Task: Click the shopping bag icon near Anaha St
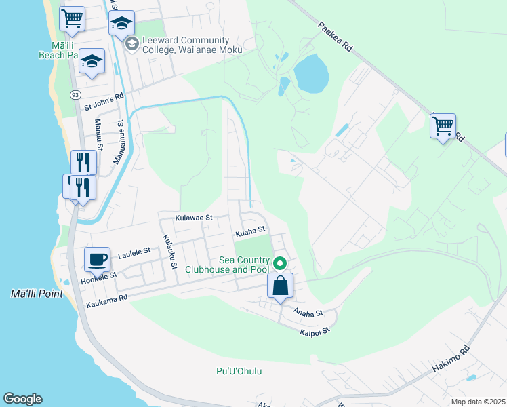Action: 281,286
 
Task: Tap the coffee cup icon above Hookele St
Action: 97,259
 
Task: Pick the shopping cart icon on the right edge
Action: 443,125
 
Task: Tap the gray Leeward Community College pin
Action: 131,44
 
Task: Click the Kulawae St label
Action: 194,218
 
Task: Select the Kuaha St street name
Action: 249,233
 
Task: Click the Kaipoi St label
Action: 315,330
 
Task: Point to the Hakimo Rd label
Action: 451,362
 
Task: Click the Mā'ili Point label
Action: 37,294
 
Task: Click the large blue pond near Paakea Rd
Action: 310,74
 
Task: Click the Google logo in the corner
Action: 22,399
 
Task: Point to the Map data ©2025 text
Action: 477,402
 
